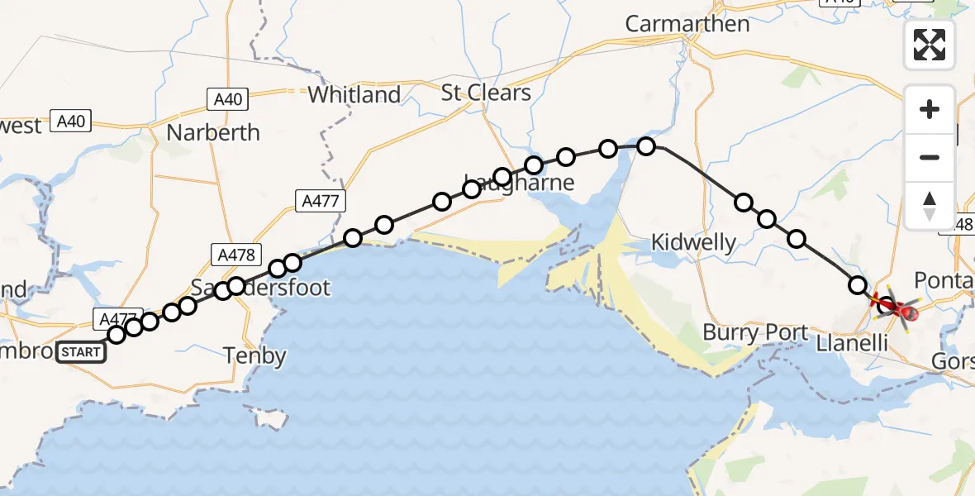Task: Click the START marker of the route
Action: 81,352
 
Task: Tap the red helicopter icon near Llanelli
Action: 901,312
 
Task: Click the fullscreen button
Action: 930,45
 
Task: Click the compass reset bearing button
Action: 930,206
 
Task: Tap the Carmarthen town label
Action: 687,24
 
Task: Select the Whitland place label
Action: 354,95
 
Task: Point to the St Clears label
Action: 486,92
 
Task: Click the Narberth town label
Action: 213,132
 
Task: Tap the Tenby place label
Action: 255,356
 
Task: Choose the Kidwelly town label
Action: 693,242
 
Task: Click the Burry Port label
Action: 755,333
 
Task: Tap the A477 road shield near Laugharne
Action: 321,200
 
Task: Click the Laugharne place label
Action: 519,183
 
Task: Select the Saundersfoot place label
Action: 260,288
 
